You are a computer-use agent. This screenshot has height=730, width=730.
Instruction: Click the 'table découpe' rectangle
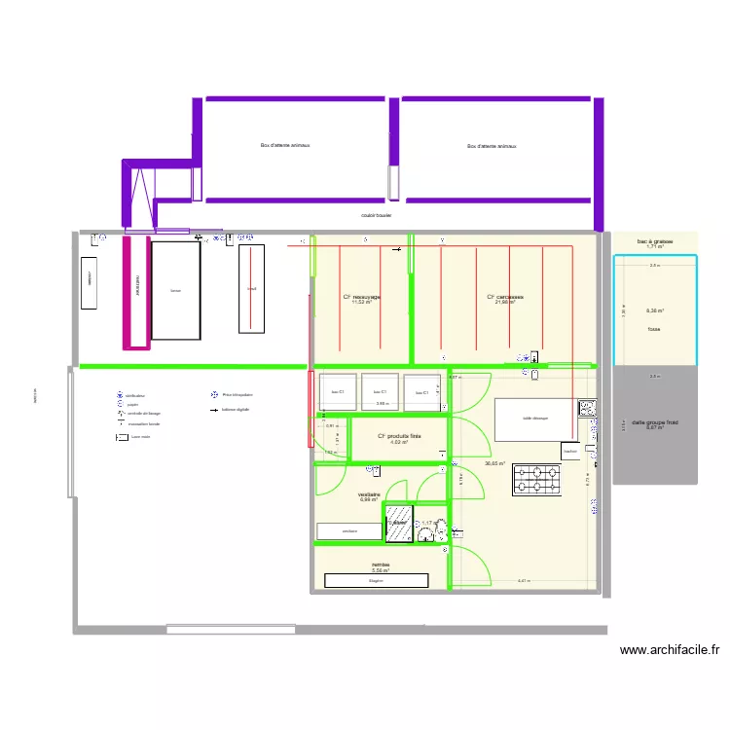point(534,419)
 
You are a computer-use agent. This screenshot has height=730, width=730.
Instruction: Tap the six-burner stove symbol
point(537,479)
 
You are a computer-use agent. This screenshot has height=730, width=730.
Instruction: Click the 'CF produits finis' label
point(399,436)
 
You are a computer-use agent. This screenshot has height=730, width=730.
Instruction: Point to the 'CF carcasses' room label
point(505,297)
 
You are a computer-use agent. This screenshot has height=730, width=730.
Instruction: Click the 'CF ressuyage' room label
point(361,297)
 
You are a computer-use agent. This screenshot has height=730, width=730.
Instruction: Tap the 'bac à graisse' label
point(654,241)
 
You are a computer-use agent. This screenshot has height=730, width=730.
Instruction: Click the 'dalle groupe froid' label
point(654,422)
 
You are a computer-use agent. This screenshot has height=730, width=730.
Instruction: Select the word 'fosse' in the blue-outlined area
point(653,329)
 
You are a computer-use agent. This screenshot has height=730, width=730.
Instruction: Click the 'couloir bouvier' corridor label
point(376,215)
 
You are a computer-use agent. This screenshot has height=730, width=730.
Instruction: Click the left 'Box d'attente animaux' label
point(284,146)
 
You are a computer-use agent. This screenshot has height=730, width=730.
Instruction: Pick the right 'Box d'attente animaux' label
point(492,146)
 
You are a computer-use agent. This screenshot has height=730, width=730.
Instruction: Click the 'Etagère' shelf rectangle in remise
point(376,580)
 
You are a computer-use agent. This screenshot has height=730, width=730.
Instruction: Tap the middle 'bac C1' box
point(380,391)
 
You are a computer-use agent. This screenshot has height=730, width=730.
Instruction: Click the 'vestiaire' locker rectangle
point(349,530)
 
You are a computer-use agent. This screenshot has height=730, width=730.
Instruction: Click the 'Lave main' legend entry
point(139,437)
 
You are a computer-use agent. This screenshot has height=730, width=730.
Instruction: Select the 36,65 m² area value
point(494,463)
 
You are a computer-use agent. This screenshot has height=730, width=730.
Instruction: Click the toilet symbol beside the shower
point(430,527)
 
